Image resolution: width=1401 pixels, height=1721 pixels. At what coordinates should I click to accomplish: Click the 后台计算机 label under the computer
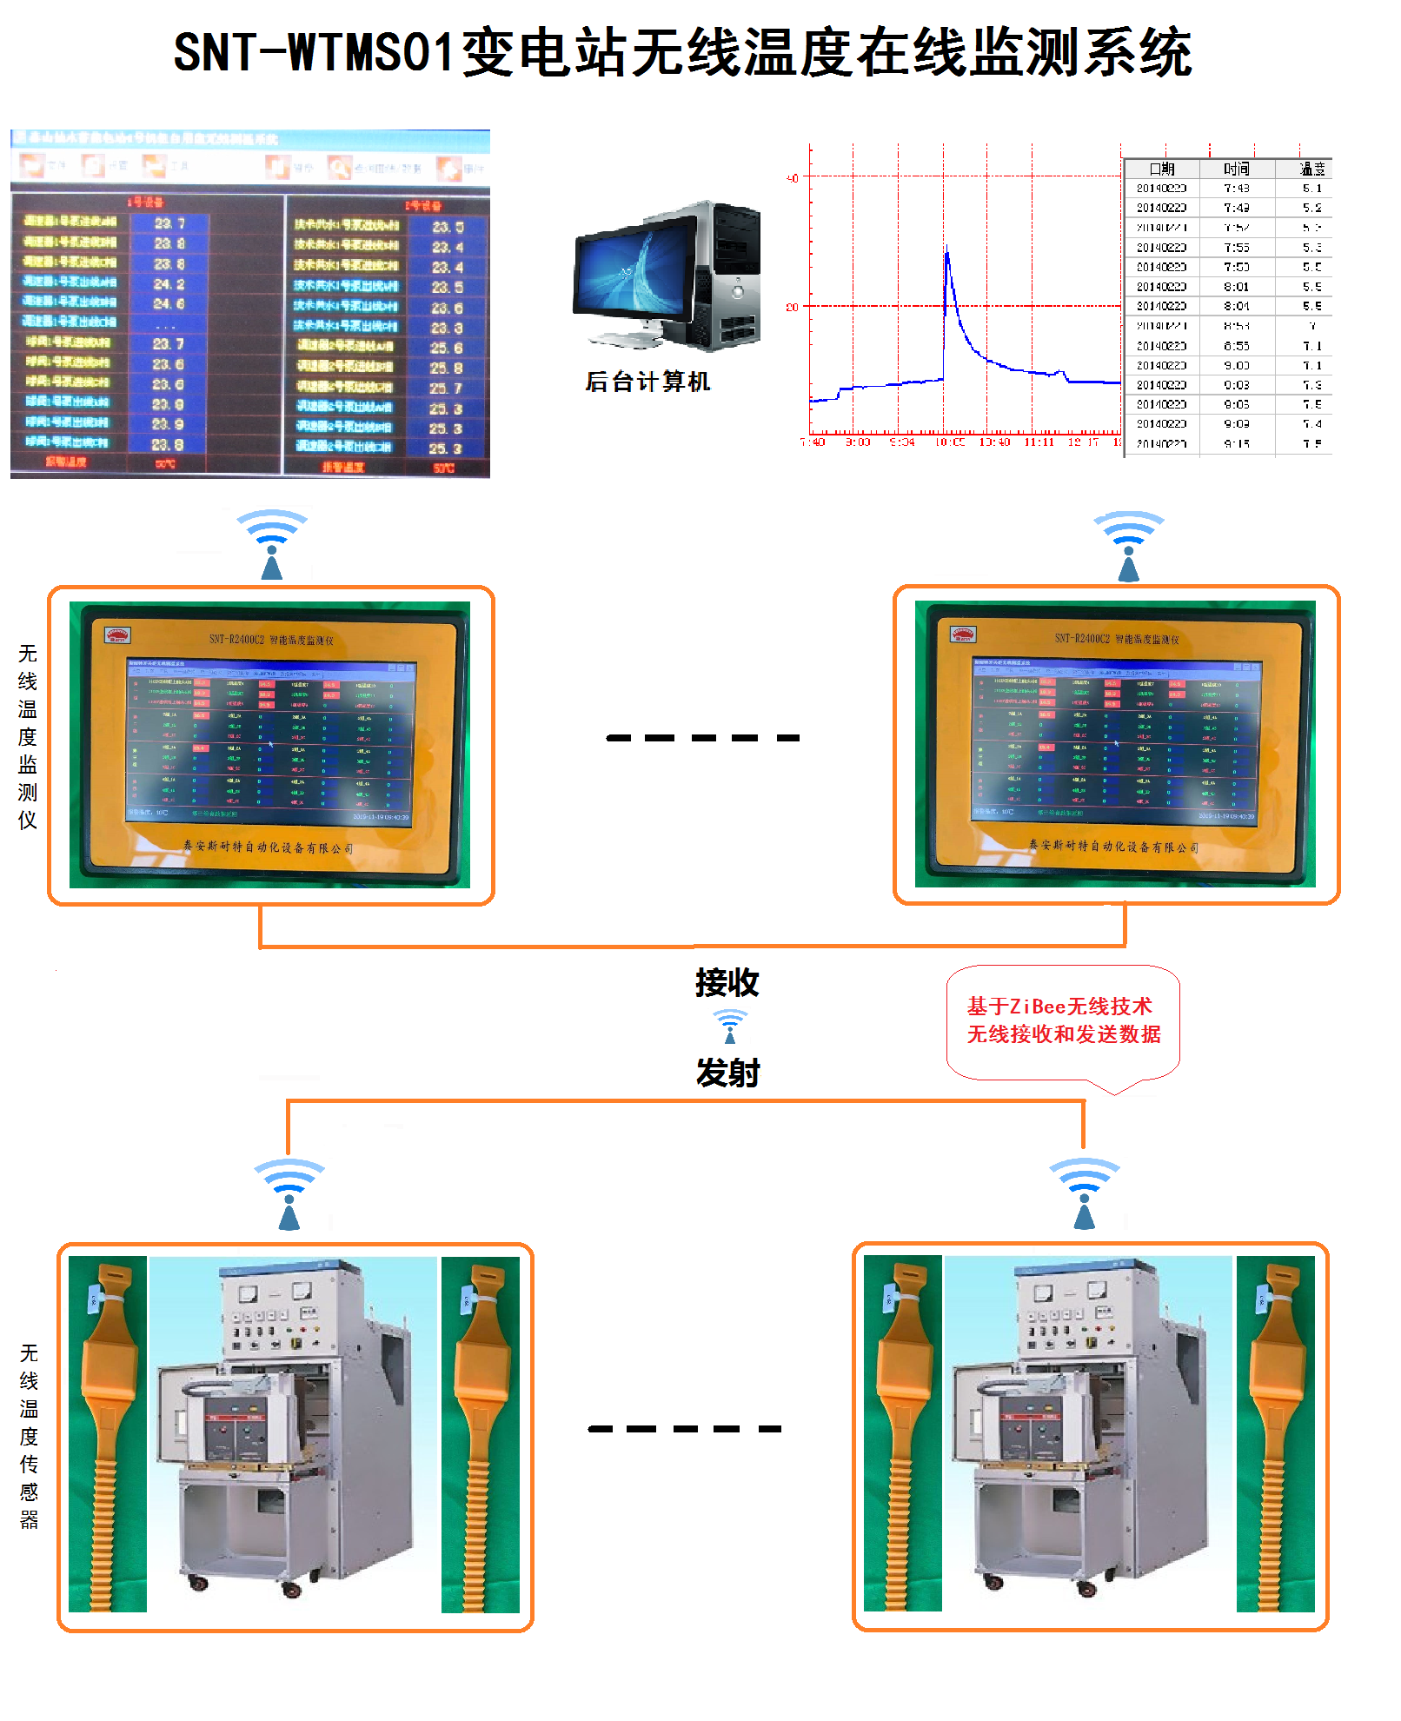click(647, 382)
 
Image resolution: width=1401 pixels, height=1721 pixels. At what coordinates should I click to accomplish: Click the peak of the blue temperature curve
click(946, 253)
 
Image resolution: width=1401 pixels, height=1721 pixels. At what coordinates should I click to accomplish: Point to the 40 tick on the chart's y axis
click(792, 178)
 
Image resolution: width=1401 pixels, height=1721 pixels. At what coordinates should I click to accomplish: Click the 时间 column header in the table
click(1236, 169)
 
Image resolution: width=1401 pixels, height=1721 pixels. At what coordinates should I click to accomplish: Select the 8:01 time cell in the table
click(1236, 287)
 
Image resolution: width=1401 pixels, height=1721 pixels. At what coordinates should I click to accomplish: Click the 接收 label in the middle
click(727, 983)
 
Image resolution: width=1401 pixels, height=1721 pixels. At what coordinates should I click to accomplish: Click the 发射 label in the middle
click(727, 1073)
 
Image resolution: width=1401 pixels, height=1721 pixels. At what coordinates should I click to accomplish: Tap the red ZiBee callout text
click(1063, 1020)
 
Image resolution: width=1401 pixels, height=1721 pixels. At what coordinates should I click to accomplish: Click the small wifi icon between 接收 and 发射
click(730, 1027)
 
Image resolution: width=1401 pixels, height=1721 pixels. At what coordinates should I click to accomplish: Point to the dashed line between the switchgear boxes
click(685, 1429)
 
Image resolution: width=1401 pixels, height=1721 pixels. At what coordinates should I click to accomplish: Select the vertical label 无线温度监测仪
click(28, 736)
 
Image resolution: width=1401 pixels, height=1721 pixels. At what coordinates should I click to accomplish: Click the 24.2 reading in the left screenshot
click(169, 284)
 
